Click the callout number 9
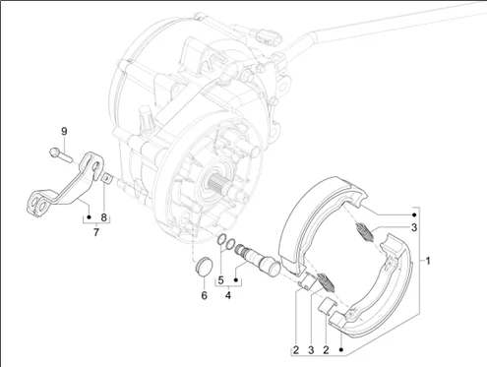pos(64,132)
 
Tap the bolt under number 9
pos(60,154)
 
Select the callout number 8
pos(103,217)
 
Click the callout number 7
pos(96,232)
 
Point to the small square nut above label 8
pos(106,178)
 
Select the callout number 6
pos(204,295)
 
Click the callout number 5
pos(220,280)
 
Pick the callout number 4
pos(228,295)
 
